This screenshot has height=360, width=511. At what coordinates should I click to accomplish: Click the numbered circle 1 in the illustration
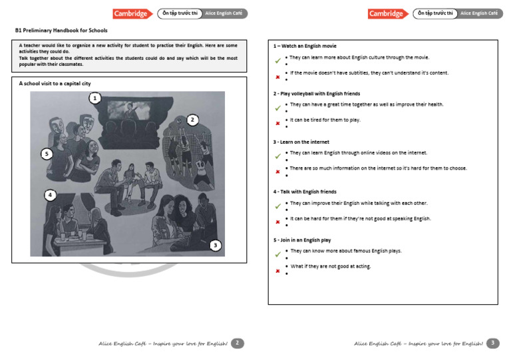tap(95, 98)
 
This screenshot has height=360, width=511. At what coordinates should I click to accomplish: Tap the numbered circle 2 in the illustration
tap(192, 120)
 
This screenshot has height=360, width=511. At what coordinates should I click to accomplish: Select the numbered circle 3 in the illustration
tap(215, 246)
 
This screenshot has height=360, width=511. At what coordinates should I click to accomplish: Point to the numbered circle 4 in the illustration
tap(50, 195)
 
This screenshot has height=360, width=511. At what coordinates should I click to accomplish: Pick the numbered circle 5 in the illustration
tap(46, 154)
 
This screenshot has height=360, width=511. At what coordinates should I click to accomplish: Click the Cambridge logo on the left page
tap(129, 13)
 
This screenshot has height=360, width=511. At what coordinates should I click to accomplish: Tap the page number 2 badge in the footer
tap(238, 343)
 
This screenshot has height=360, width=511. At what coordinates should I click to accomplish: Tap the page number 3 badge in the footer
tap(493, 343)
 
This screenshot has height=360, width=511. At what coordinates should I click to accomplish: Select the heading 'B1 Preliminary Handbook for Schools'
tap(61, 31)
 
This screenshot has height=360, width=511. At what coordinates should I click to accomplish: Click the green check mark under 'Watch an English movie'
tap(278, 61)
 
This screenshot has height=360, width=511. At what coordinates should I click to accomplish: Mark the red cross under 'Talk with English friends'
tap(277, 222)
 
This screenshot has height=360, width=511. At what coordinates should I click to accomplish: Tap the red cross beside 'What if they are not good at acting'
tap(277, 270)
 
